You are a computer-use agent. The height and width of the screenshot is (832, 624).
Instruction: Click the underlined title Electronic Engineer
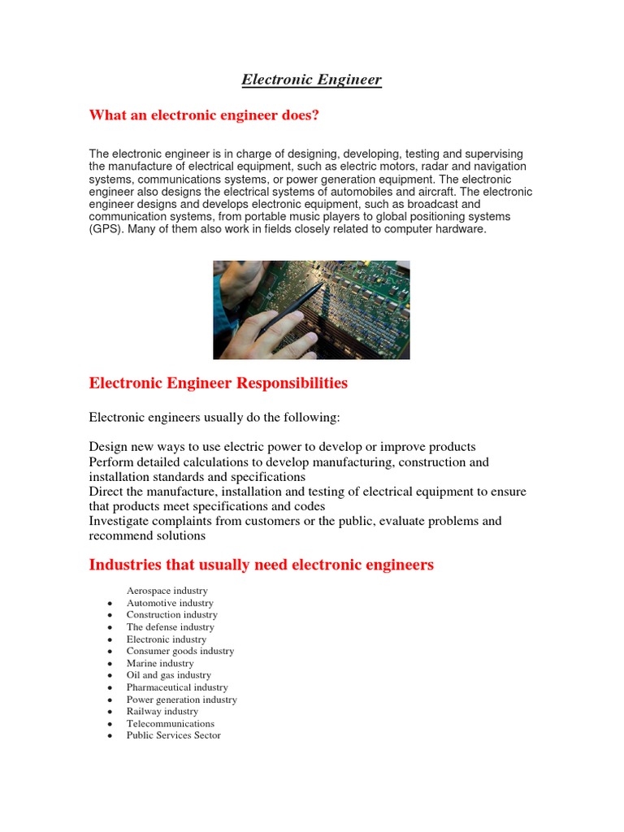click(x=311, y=80)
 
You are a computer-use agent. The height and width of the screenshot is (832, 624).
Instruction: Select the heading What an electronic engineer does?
click(x=204, y=115)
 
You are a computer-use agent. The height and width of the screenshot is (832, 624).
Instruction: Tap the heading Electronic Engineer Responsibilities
click(x=218, y=383)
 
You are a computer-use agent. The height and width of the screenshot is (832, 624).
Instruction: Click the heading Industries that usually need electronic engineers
click(x=261, y=565)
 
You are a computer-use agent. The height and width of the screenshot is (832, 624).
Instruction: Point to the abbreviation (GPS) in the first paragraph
click(x=106, y=229)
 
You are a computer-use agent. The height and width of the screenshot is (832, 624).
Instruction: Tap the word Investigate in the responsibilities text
click(x=120, y=521)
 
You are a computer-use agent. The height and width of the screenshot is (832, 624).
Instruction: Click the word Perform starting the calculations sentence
click(x=110, y=462)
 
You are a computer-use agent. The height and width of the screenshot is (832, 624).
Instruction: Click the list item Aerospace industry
click(x=167, y=591)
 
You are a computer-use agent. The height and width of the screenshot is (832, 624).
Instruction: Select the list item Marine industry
click(x=160, y=663)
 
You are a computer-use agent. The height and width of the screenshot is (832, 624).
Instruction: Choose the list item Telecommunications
click(x=170, y=723)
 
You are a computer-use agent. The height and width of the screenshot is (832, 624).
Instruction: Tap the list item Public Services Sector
click(x=173, y=735)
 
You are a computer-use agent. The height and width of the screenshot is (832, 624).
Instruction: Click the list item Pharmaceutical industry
click(x=176, y=687)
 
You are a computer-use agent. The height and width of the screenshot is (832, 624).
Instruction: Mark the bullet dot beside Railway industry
click(x=109, y=713)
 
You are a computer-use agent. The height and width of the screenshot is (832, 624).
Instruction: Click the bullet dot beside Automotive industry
click(x=109, y=604)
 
